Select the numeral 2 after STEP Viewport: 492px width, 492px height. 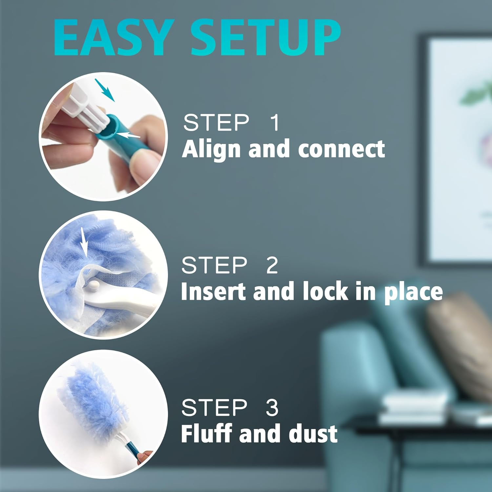click(272, 265)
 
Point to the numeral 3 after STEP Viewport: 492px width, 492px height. click(272, 408)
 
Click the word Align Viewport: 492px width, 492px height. click(212, 149)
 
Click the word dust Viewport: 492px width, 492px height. click(313, 434)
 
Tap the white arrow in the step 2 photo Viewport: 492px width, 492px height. click(84, 242)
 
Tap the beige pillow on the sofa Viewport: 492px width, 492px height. click(459, 341)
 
